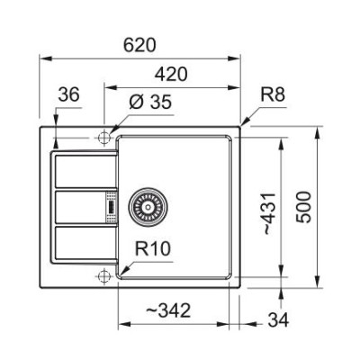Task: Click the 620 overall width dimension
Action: pyautogui.click(x=141, y=44)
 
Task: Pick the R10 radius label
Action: pyautogui.click(x=155, y=248)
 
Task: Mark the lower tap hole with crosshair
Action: pyautogui.click(x=104, y=273)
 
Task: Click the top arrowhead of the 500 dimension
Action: pyautogui.click(x=320, y=130)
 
